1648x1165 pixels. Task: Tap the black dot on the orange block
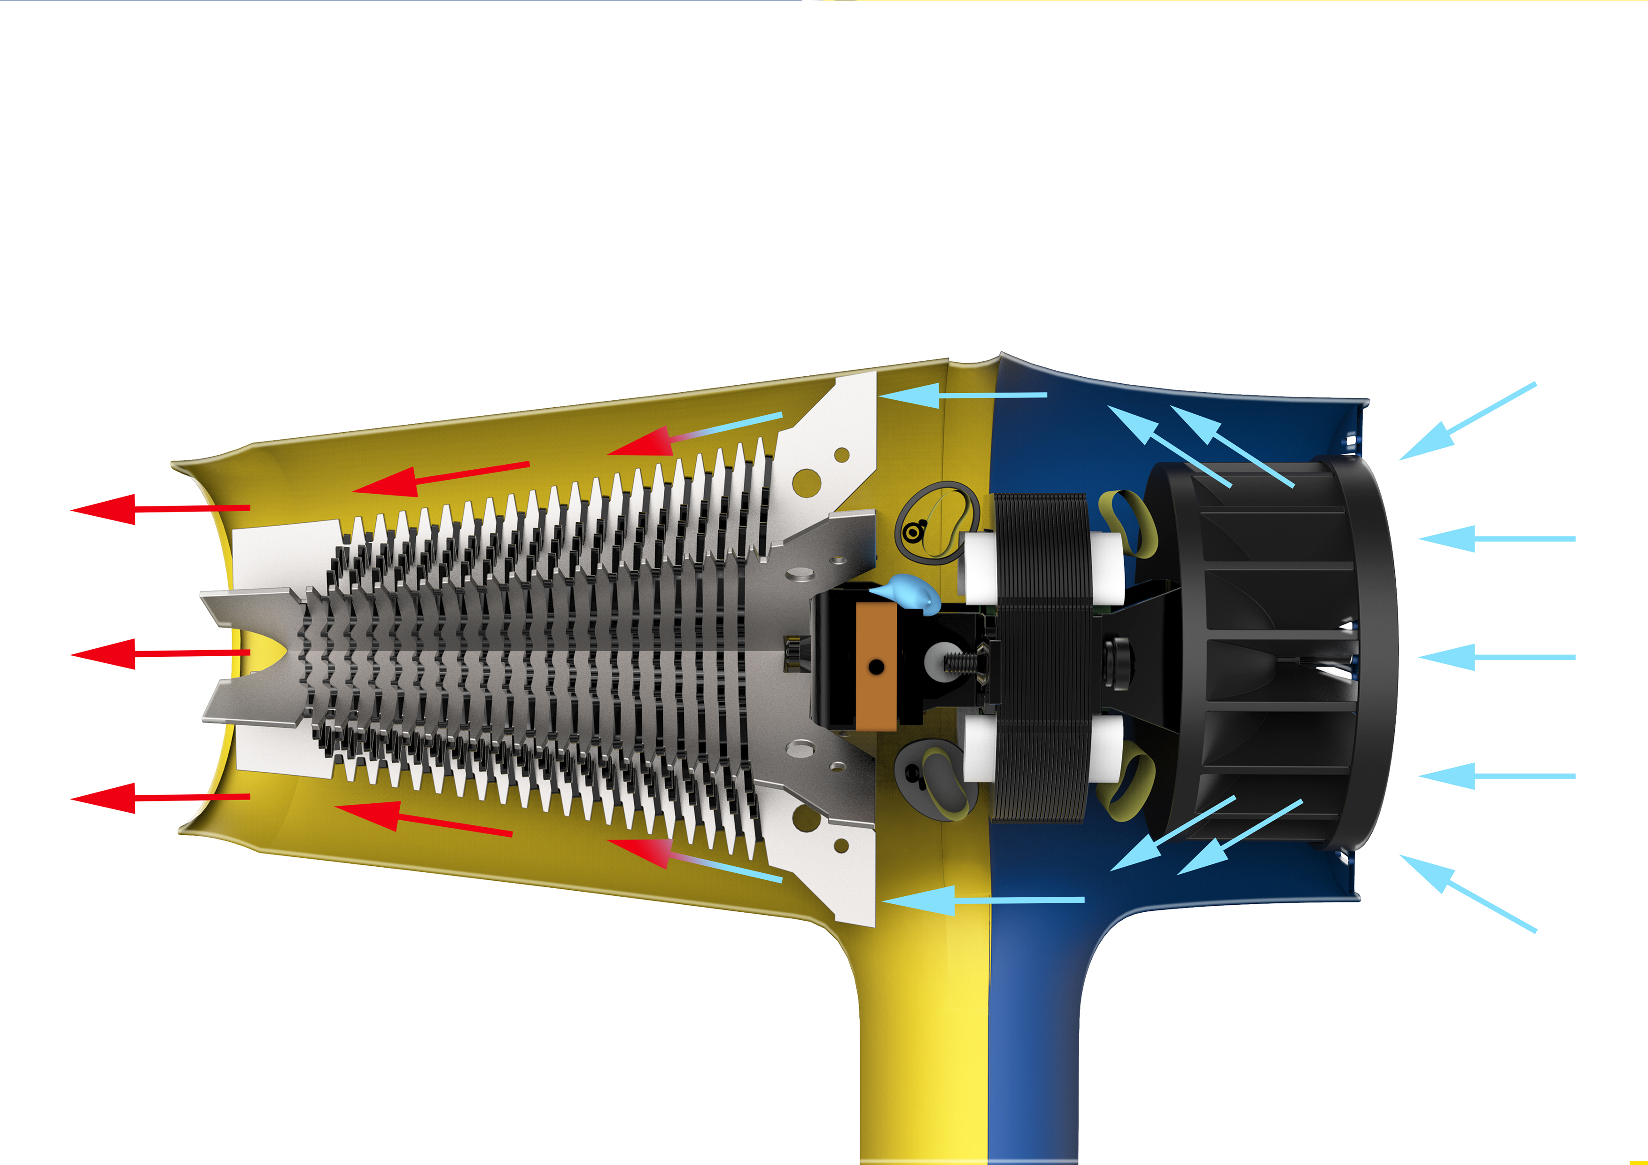[x=876, y=667]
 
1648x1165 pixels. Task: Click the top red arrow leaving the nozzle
[x=158, y=509]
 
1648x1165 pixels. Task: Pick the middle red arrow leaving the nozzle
[x=158, y=653]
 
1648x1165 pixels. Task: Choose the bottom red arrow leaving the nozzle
[x=158, y=798]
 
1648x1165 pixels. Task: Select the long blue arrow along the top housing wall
[x=962, y=395]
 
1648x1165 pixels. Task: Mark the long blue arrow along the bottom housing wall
[x=983, y=900]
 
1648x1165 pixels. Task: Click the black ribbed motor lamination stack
[x=1041, y=657]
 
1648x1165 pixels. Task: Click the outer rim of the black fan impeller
[x=1378, y=653]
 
